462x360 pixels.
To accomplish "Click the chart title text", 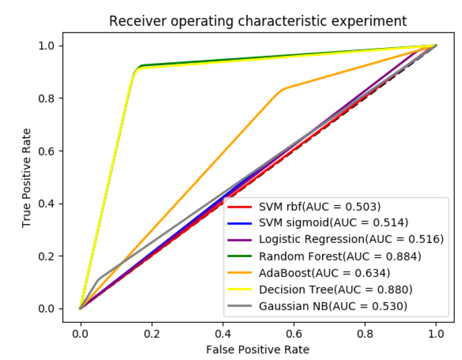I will (258, 21).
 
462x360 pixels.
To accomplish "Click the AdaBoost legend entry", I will (320, 273).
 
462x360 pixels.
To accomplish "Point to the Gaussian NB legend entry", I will (327, 306).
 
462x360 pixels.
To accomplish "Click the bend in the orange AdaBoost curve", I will (282, 89).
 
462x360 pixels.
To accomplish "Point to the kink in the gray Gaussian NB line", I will (98, 279).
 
